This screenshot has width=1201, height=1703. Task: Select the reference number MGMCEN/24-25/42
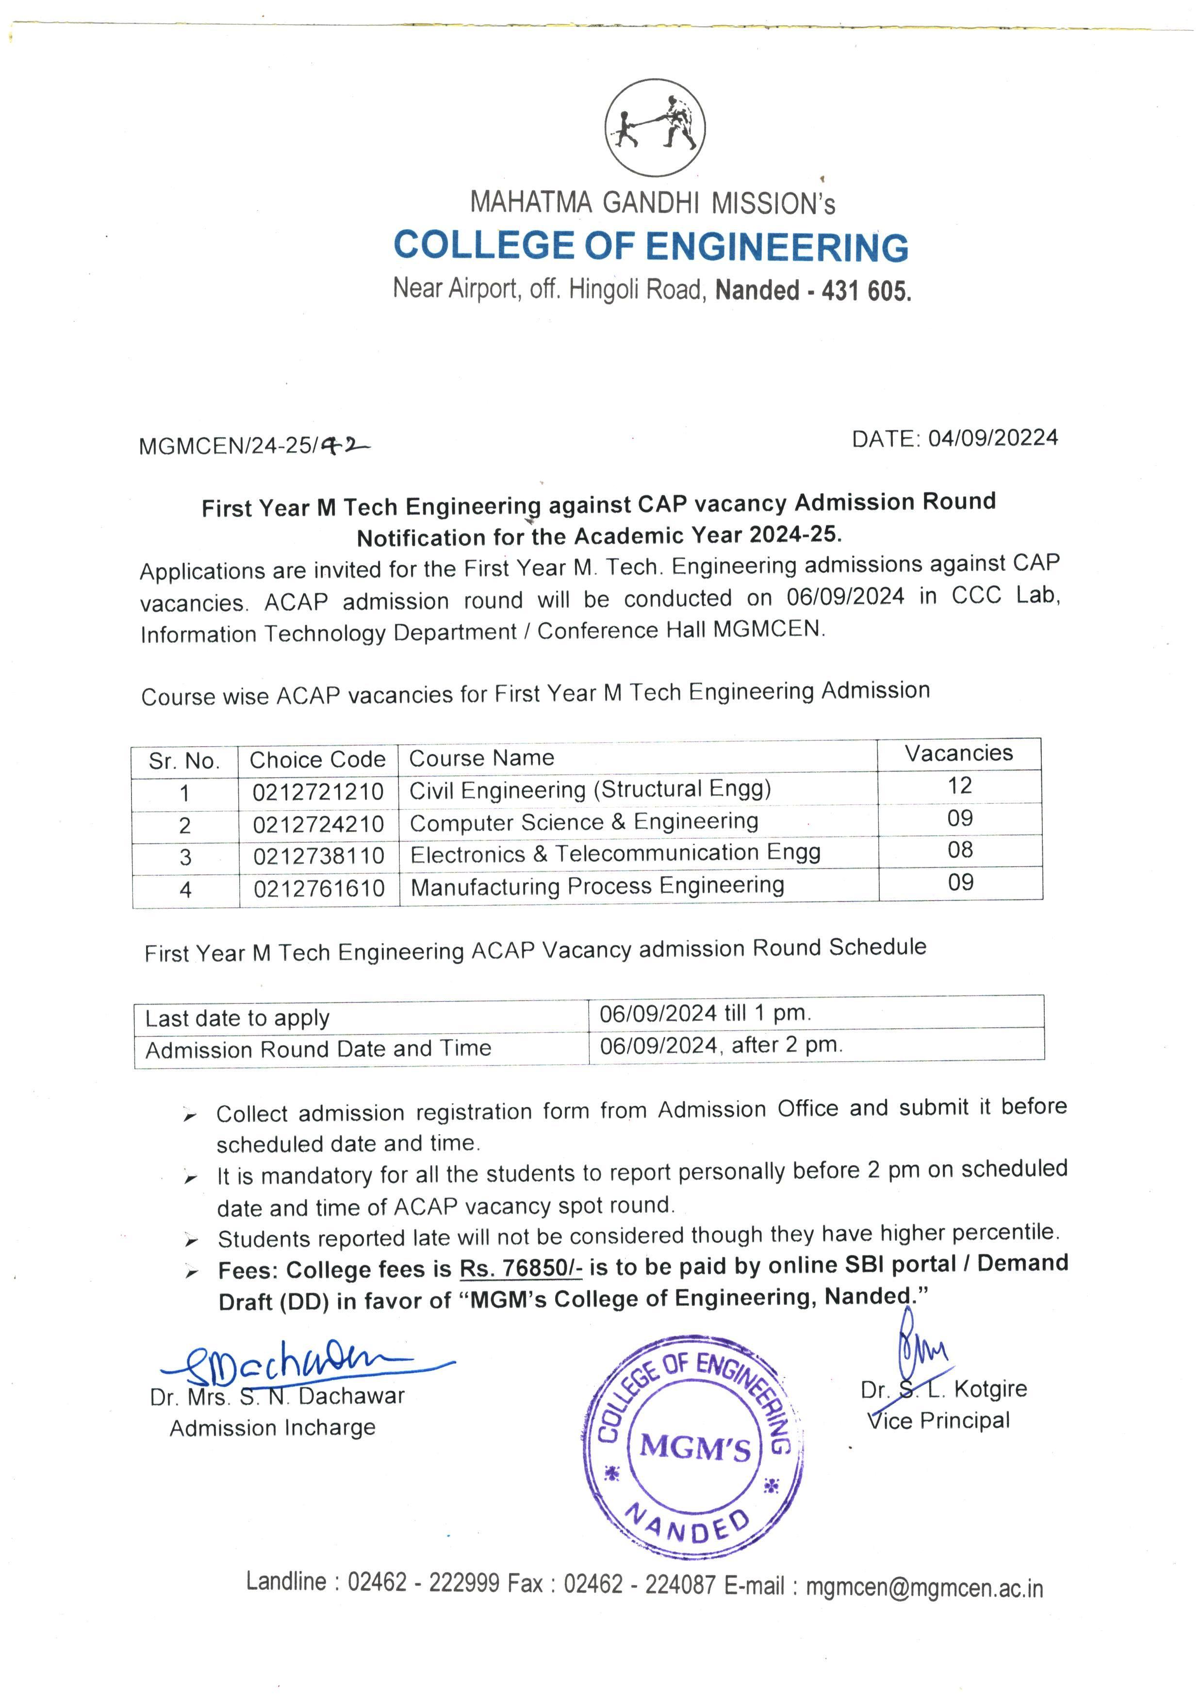(252, 445)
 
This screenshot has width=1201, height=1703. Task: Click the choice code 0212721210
(318, 792)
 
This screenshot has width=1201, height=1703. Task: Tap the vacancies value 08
(960, 850)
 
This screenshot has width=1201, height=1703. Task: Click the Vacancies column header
(958, 753)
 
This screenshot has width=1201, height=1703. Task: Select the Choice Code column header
(317, 760)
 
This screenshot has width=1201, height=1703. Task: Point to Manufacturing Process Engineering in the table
(597, 886)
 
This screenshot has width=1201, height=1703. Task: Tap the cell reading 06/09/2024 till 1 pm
(705, 1013)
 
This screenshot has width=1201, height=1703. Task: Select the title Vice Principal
(938, 1420)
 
